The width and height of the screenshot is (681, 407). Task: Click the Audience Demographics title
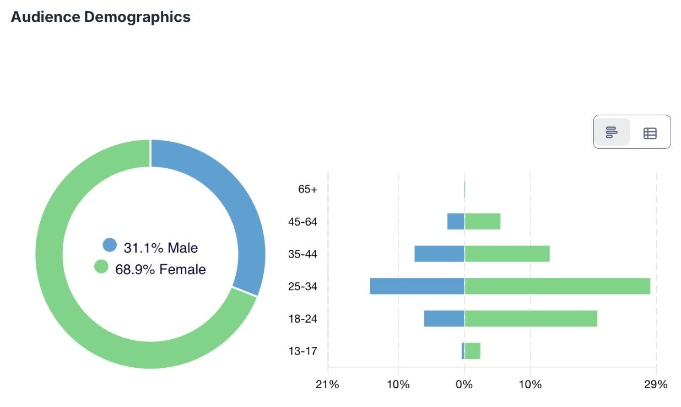click(100, 17)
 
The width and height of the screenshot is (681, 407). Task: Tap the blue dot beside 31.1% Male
click(110, 245)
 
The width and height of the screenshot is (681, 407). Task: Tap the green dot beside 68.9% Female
click(101, 267)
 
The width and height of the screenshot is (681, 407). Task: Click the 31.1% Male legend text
click(160, 248)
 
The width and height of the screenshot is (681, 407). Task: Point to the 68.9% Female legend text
click(160, 270)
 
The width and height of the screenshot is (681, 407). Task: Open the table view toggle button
click(650, 133)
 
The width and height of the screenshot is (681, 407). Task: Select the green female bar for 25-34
click(557, 286)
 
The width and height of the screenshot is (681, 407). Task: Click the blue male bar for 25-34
click(417, 286)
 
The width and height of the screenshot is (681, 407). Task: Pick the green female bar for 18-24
click(531, 319)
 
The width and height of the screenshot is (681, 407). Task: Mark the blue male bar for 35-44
click(439, 254)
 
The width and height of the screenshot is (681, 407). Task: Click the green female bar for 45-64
click(482, 221)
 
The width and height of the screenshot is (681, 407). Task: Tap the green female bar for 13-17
click(473, 351)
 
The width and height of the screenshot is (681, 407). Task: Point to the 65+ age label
click(307, 189)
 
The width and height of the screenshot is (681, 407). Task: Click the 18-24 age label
click(302, 319)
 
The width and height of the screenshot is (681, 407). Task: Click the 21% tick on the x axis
click(327, 384)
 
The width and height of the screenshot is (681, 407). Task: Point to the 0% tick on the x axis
click(464, 384)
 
